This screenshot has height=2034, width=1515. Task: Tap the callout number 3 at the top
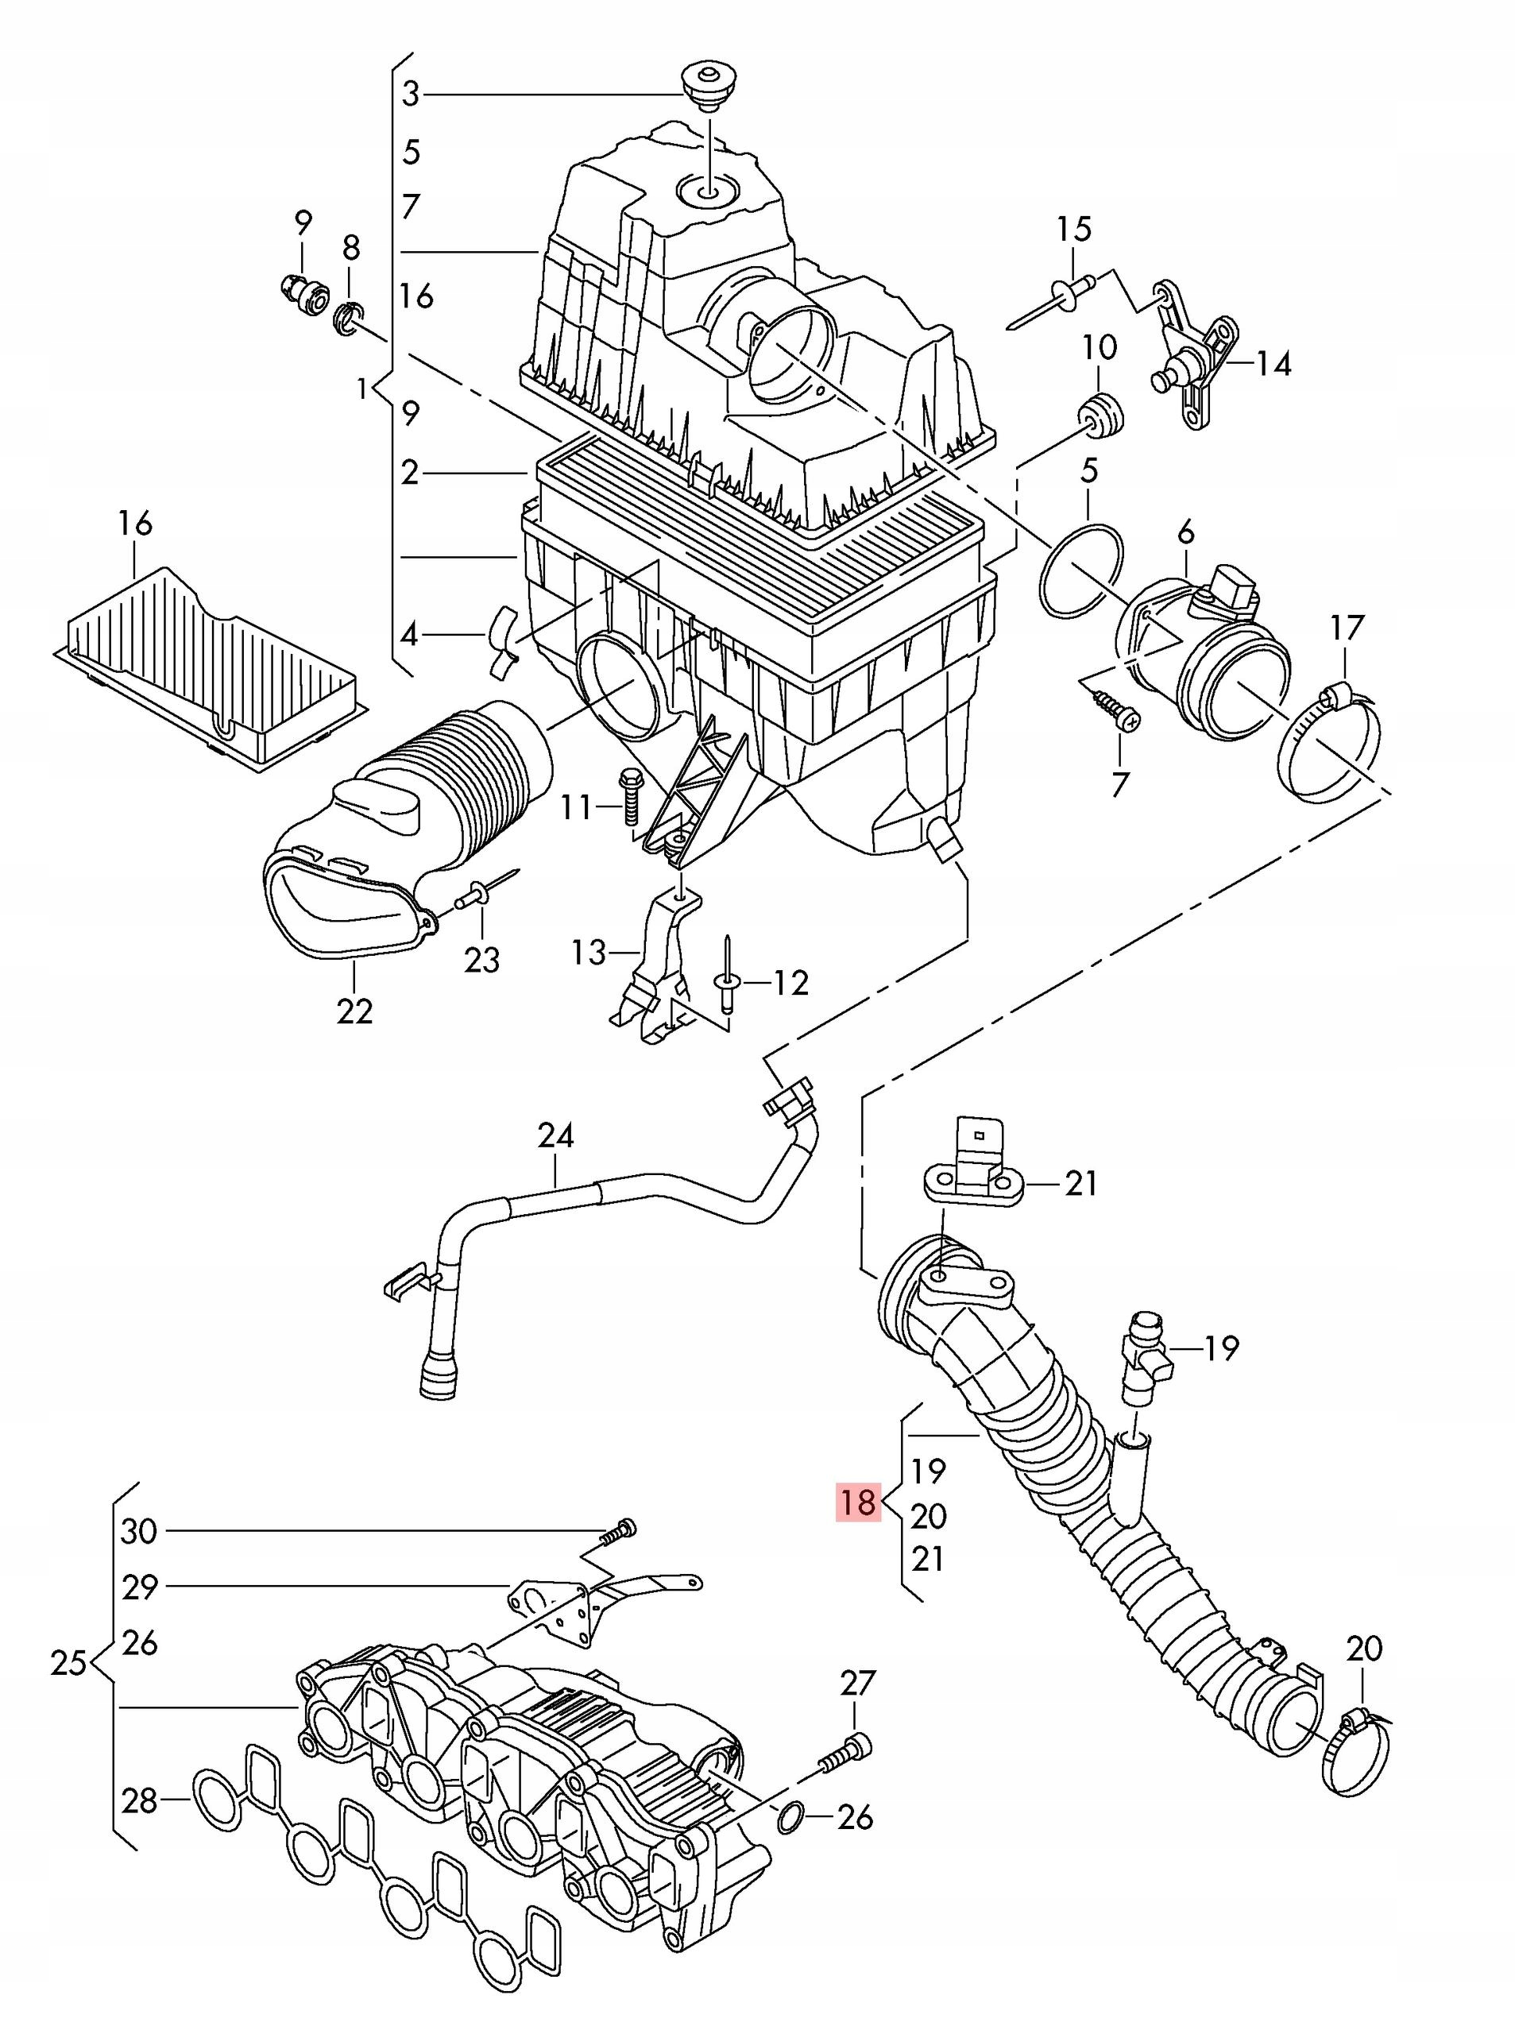click(410, 94)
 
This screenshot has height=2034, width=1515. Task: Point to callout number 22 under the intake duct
click(354, 1011)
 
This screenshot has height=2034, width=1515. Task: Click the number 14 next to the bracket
click(1273, 364)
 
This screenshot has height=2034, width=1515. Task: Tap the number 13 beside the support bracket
click(589, 952)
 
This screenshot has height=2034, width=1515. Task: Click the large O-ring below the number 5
click(1082, 569)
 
